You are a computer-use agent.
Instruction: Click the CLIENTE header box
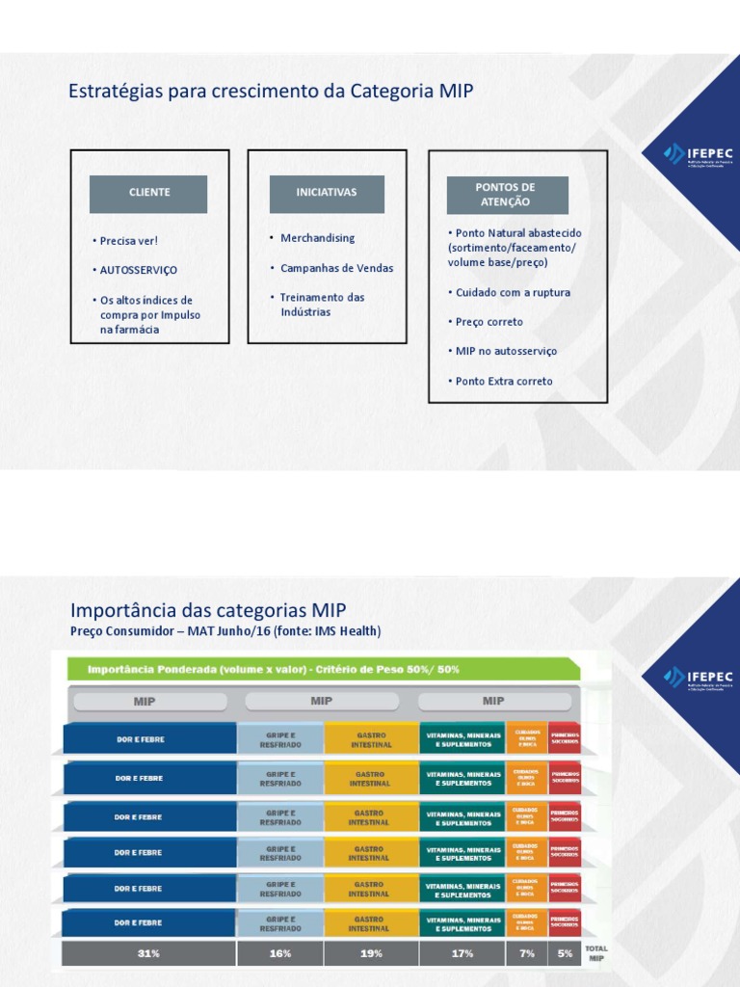point(149,193)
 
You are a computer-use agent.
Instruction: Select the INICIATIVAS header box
point(326,193)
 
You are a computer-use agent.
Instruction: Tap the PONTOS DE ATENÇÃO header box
point(507,195)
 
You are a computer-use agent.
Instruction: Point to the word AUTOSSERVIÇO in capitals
point(139,271)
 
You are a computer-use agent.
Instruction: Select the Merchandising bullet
point(317,238)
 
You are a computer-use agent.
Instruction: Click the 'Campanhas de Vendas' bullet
point(336,268)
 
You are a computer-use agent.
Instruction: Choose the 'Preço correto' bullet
point(489,322)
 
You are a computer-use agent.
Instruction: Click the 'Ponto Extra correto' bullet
point(504,382)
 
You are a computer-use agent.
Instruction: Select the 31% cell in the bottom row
point(148,953)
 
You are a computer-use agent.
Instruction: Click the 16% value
point(280,953)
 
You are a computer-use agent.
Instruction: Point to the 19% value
point(371,953)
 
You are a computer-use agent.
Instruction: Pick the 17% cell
point(462,953)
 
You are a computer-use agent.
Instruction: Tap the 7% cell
point(526,953)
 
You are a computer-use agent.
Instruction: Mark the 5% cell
point(565,953)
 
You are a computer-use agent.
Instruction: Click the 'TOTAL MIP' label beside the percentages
point(596,953)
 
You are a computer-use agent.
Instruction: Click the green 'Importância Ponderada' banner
point(323,669)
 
